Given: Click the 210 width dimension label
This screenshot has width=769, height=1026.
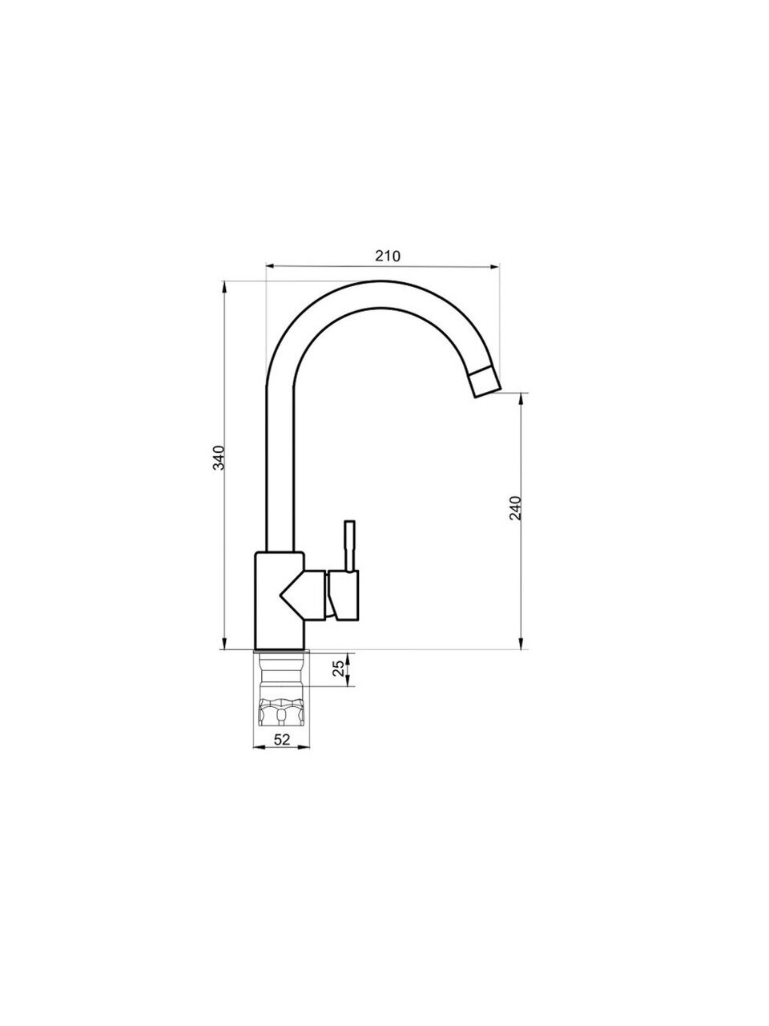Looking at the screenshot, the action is [x=388, y=256].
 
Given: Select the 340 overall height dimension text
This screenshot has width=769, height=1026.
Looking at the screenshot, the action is [x=219, y=458].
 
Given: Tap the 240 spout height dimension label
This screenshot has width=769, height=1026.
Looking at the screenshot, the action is [x=514, y=507].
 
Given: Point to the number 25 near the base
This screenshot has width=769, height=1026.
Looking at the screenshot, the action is [x=340, y=669].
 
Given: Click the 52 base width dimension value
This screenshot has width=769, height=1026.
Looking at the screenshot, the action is [x=281, y=740].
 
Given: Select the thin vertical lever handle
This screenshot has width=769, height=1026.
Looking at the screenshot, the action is [x=349, y=546].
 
